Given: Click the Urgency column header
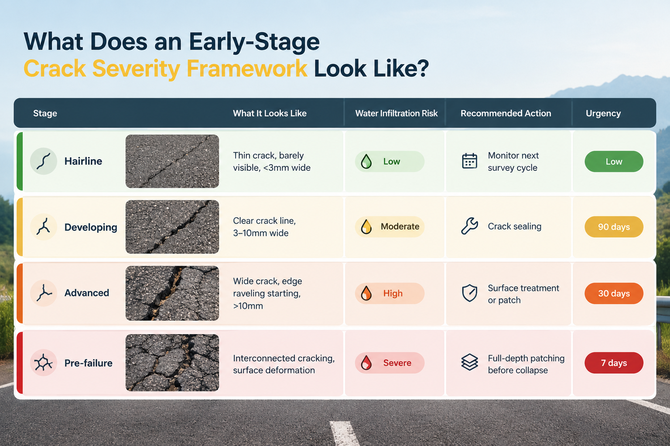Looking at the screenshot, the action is pos(603,114).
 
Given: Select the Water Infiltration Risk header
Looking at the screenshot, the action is pos(397,113).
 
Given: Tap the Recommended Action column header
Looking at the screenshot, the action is pos(506,113).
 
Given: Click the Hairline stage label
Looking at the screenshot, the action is pos(83,161).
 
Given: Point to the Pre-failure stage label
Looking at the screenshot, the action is pos(88,363).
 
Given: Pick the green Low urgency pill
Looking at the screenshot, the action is pos(614,161).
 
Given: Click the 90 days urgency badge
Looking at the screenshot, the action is pos(614,227).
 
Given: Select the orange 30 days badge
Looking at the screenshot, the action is pos(614,294).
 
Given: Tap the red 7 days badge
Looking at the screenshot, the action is pos(614,363).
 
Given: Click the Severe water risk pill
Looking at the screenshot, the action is pos(390,363).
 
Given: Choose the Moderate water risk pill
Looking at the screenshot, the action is pos(390,227).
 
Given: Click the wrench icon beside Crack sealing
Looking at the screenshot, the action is pos(469,226).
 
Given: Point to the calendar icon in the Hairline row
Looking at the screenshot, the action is pos(470,161).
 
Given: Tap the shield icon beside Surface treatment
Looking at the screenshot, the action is pos(470,293).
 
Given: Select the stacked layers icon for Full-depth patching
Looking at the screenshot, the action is pos(470,362).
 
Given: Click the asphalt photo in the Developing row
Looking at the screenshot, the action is pos(172,227).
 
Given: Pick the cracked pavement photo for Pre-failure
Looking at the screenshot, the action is pos(172,363).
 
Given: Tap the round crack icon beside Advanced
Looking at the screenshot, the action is pos(44,293).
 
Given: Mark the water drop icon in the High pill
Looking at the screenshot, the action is pos(366,293).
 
